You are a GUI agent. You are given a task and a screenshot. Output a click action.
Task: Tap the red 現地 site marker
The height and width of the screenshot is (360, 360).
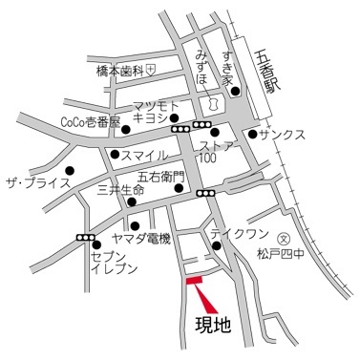point(194,281)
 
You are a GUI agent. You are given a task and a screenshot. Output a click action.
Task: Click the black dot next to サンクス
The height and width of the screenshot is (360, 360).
point(252,135)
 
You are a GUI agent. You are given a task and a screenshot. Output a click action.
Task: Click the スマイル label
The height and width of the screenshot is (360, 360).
point(146,155)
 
